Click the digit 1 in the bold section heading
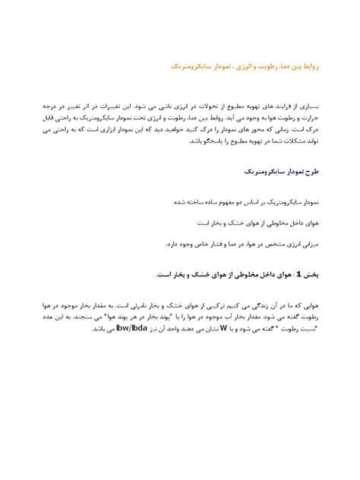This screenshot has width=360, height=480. (x=301, y=273)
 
